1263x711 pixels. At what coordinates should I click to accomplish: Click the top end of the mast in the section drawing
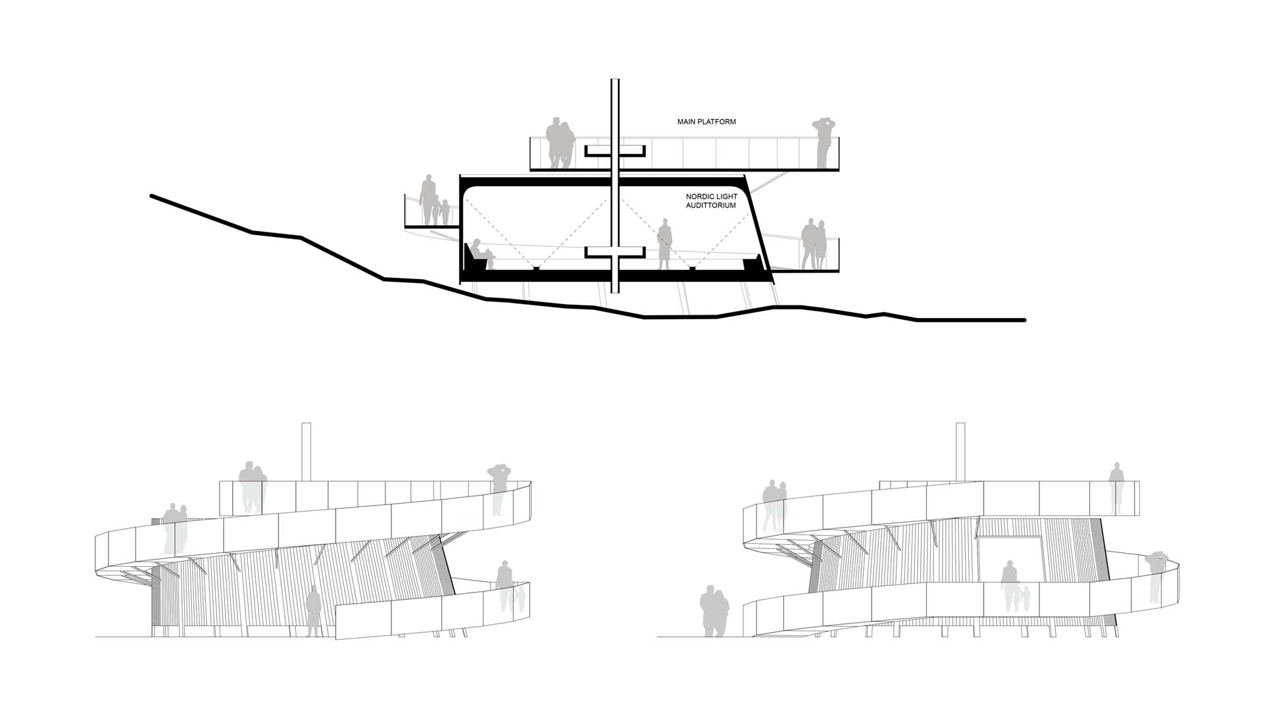(615, 80)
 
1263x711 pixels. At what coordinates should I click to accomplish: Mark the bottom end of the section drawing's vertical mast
(615, 292)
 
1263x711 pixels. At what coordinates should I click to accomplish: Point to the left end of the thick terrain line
(152, 196)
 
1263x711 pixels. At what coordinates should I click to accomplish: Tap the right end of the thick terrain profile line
(1024, 320)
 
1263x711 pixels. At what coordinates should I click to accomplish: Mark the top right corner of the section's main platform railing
(839, 138)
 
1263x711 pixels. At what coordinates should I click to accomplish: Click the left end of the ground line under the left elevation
(96, 637)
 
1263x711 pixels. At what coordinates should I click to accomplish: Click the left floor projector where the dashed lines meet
(537, 268)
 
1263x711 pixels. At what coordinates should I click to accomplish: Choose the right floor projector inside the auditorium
(693, 268)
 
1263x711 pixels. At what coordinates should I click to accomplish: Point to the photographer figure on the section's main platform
(823, 143)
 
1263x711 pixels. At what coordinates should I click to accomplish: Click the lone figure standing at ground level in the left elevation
(313, 613)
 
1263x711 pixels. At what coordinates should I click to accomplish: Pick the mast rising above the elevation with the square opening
(960, 452)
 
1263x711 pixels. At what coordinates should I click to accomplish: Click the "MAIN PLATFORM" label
(706, 122)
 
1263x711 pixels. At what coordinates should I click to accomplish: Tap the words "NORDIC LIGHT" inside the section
(712, 196)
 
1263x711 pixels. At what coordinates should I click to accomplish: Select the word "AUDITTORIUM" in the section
(711, 205)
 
